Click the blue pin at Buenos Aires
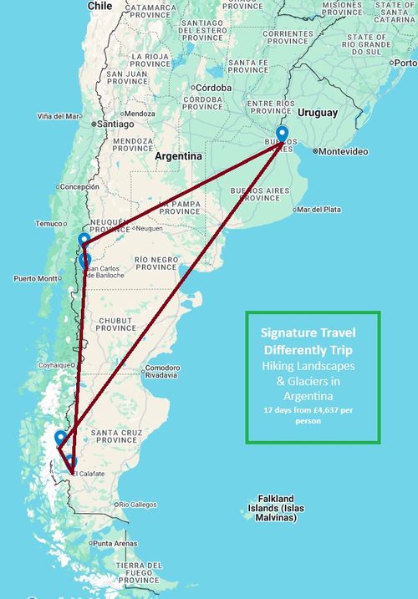click(282, 134)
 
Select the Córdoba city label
click(215, 87)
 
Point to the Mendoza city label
click(140, 114)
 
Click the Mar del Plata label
click(319, 209)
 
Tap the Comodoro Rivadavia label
click(162, 371)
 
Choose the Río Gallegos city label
click(136, 505)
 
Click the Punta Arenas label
click(115, 544)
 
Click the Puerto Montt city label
click(34, 278)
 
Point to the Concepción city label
click(80, 187)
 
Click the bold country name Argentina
click(178, 156)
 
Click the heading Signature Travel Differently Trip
click(313, 341)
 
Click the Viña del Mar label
click(59, 116)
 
